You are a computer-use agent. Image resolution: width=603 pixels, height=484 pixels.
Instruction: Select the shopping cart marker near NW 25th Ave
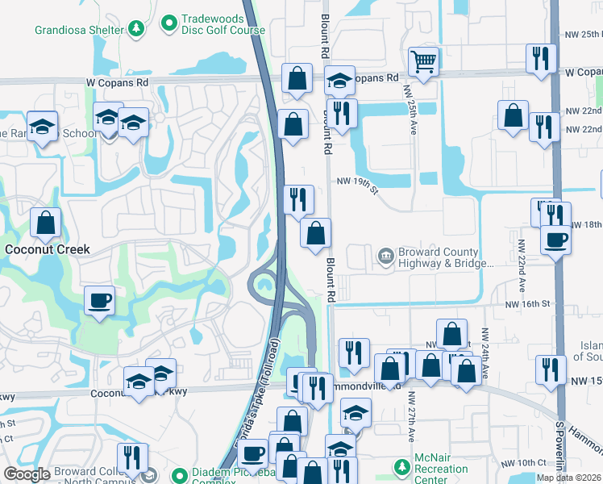coord(423,60)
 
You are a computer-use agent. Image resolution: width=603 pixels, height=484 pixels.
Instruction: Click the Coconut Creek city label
coord(48,249)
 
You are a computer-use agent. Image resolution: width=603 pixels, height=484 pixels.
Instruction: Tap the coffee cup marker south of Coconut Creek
coord(99,301)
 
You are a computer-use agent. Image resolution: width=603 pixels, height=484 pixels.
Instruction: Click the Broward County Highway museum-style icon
coord(386,257)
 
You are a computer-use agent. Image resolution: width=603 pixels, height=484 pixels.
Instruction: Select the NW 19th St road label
coord(357,185)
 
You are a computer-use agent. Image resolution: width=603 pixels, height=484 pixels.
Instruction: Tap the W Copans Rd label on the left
coord(118,82)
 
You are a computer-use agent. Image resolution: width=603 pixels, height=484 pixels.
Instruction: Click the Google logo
coord(27,475)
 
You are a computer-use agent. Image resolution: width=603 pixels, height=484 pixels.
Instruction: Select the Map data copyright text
coord(569,478)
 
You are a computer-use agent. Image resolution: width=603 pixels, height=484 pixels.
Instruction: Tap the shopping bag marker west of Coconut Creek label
coord(46,222)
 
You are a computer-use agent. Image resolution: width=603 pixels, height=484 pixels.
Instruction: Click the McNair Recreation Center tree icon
coord(401,467)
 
